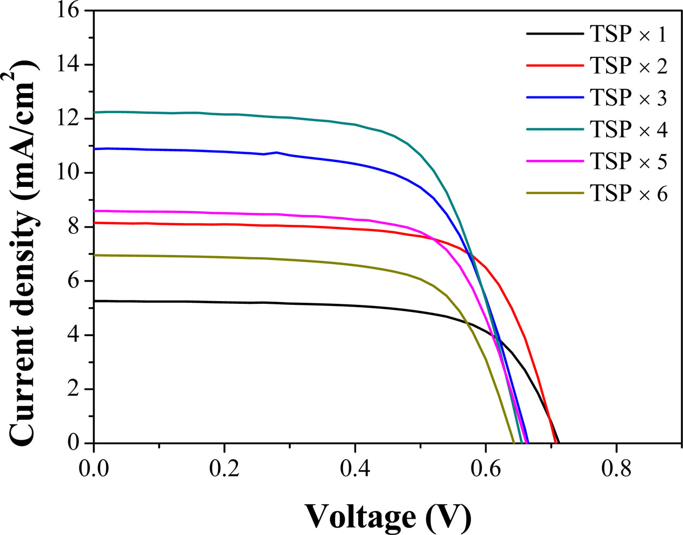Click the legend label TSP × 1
pyautogui.click(x=628, y=34)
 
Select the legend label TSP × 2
pyautogui.click(x=628, y=66)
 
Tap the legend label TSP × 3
pyautogui.click(x=628, y=98)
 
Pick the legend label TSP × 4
pyautogui.click(x=628, y=129)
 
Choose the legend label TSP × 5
pyautogui.click(x=628, y=161)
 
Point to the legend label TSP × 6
pyautogui.click(x=628, y=193)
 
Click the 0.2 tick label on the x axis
pyautogui.click(x=224, y=468)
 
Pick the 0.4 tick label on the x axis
pyautogui.click(x=355, y=468)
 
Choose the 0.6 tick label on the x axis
pyautogui.click(x=486, y=468)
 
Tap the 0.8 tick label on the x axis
pyautogui.click(x=616, y=468)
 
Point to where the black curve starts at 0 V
pyautogui.click(x=94, y=301)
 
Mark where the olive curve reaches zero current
pyautogui.click(x=513, y=442)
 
